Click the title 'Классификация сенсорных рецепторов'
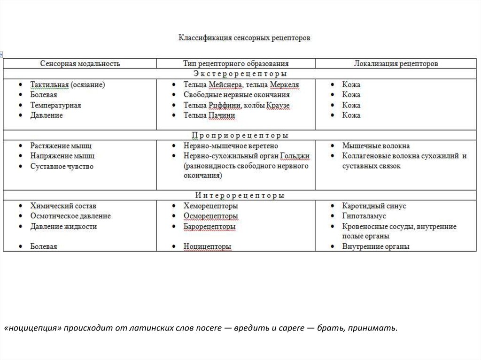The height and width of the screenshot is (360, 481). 244,38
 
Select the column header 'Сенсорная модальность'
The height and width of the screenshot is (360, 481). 80,63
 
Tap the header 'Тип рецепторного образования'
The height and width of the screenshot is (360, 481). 236,63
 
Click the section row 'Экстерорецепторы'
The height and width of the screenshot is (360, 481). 240,74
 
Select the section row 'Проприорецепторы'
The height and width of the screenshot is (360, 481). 240,135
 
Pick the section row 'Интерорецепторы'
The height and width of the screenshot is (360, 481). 240,195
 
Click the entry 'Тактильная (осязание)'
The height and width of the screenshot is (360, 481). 68,85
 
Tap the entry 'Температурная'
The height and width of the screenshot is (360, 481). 55,105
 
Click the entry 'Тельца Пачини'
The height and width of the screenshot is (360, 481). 209,115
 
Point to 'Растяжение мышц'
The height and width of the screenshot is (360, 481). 61,146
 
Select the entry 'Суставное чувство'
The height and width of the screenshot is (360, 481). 62,166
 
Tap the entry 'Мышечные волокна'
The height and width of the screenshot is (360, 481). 376,146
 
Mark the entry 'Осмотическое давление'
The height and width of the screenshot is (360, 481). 70,216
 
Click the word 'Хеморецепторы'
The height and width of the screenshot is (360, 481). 210,206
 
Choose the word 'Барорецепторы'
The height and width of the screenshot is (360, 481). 209,226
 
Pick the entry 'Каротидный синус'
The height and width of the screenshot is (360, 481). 374,206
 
